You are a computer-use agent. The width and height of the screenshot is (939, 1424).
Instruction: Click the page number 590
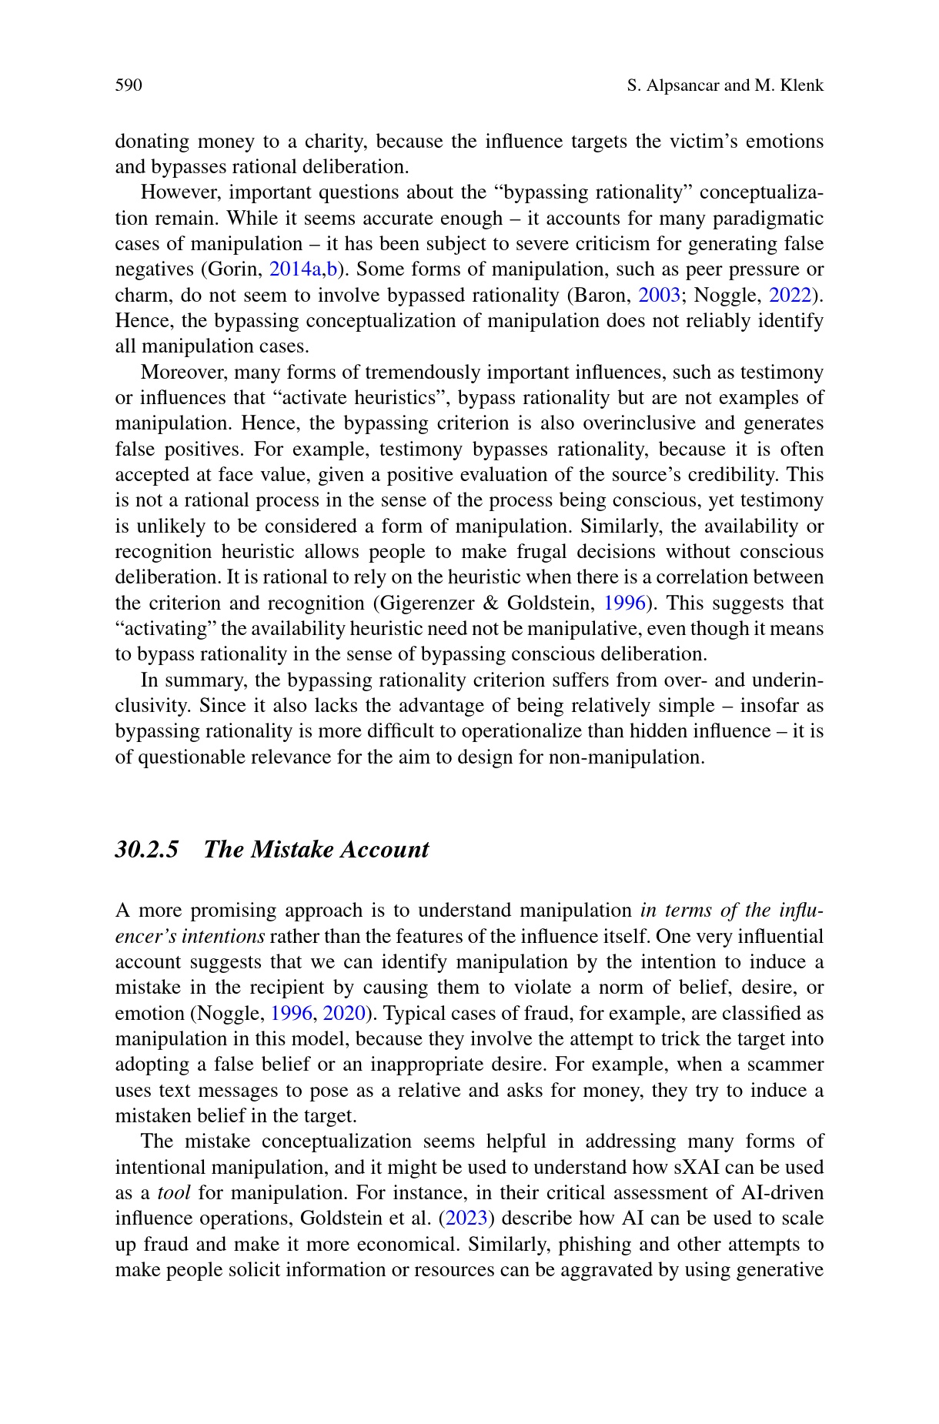(129, 85)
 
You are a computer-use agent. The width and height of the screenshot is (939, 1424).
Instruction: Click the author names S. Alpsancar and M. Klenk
(725, 85)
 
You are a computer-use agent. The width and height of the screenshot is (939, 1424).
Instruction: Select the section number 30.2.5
(147, 850)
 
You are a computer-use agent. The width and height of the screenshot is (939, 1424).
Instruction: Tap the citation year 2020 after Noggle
(343, 1014)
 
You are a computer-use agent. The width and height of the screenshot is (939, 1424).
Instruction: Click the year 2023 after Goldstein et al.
(466, 1219)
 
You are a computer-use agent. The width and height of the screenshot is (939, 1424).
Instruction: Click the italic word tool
(173, 1194)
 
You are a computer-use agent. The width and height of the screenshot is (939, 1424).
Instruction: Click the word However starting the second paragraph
(179, 192)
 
